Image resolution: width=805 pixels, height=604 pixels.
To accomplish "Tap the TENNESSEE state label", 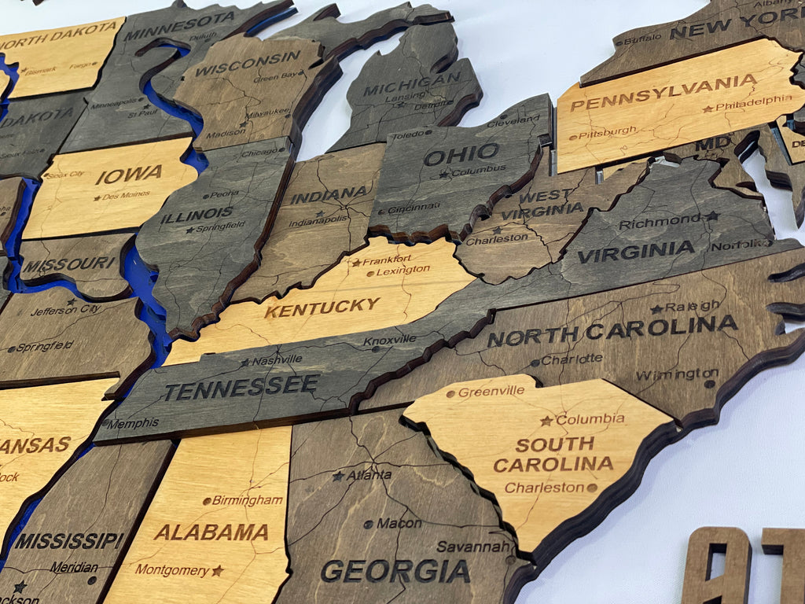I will [242, 387].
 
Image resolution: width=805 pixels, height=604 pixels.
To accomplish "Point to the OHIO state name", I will [461, 154].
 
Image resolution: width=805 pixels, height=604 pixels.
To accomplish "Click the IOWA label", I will [129, 175].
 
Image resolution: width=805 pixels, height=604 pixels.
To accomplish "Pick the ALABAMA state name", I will [211, 532].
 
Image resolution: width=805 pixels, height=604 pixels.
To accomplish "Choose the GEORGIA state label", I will [395, 571].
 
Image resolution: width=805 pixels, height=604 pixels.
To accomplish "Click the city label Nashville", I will [276, 359].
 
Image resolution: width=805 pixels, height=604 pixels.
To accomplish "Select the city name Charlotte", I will [572, 359].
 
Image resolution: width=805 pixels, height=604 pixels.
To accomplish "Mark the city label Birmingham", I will [248, 500].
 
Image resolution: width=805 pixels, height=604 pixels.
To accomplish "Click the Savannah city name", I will [474, 546].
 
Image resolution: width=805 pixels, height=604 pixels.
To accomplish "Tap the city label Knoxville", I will [390, 341].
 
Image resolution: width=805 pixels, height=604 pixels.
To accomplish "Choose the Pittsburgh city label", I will [608, 134].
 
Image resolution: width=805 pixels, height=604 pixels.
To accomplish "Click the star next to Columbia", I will [546, 421].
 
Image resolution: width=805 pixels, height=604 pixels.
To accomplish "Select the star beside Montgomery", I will [217, 570].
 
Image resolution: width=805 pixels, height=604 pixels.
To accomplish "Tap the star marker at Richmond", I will [711, 215].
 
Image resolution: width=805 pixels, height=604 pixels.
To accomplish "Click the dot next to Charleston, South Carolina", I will [591, 488].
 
